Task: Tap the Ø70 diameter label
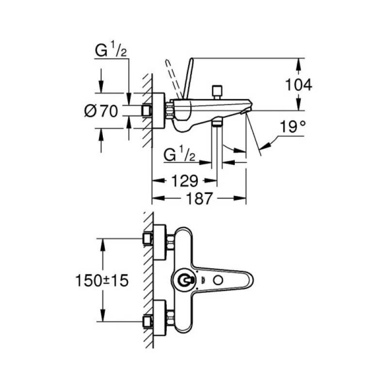101,111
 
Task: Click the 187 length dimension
200,198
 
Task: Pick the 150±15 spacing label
102,280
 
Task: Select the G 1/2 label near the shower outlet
179,156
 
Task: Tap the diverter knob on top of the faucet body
216,91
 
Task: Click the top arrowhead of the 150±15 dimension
102,242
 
